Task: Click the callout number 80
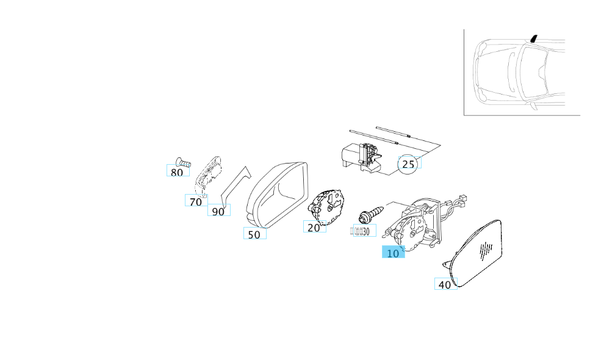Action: point(176,172)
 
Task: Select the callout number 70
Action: point(195,201)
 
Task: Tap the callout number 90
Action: point(218,211)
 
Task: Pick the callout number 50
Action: point(254,234)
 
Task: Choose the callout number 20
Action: point(314,228)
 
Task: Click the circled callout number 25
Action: point(409,164)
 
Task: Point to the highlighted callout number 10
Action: point(393,253)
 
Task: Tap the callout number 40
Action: point(445,284)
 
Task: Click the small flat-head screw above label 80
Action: point(182,162)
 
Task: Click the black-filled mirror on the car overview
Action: point(534,38)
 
